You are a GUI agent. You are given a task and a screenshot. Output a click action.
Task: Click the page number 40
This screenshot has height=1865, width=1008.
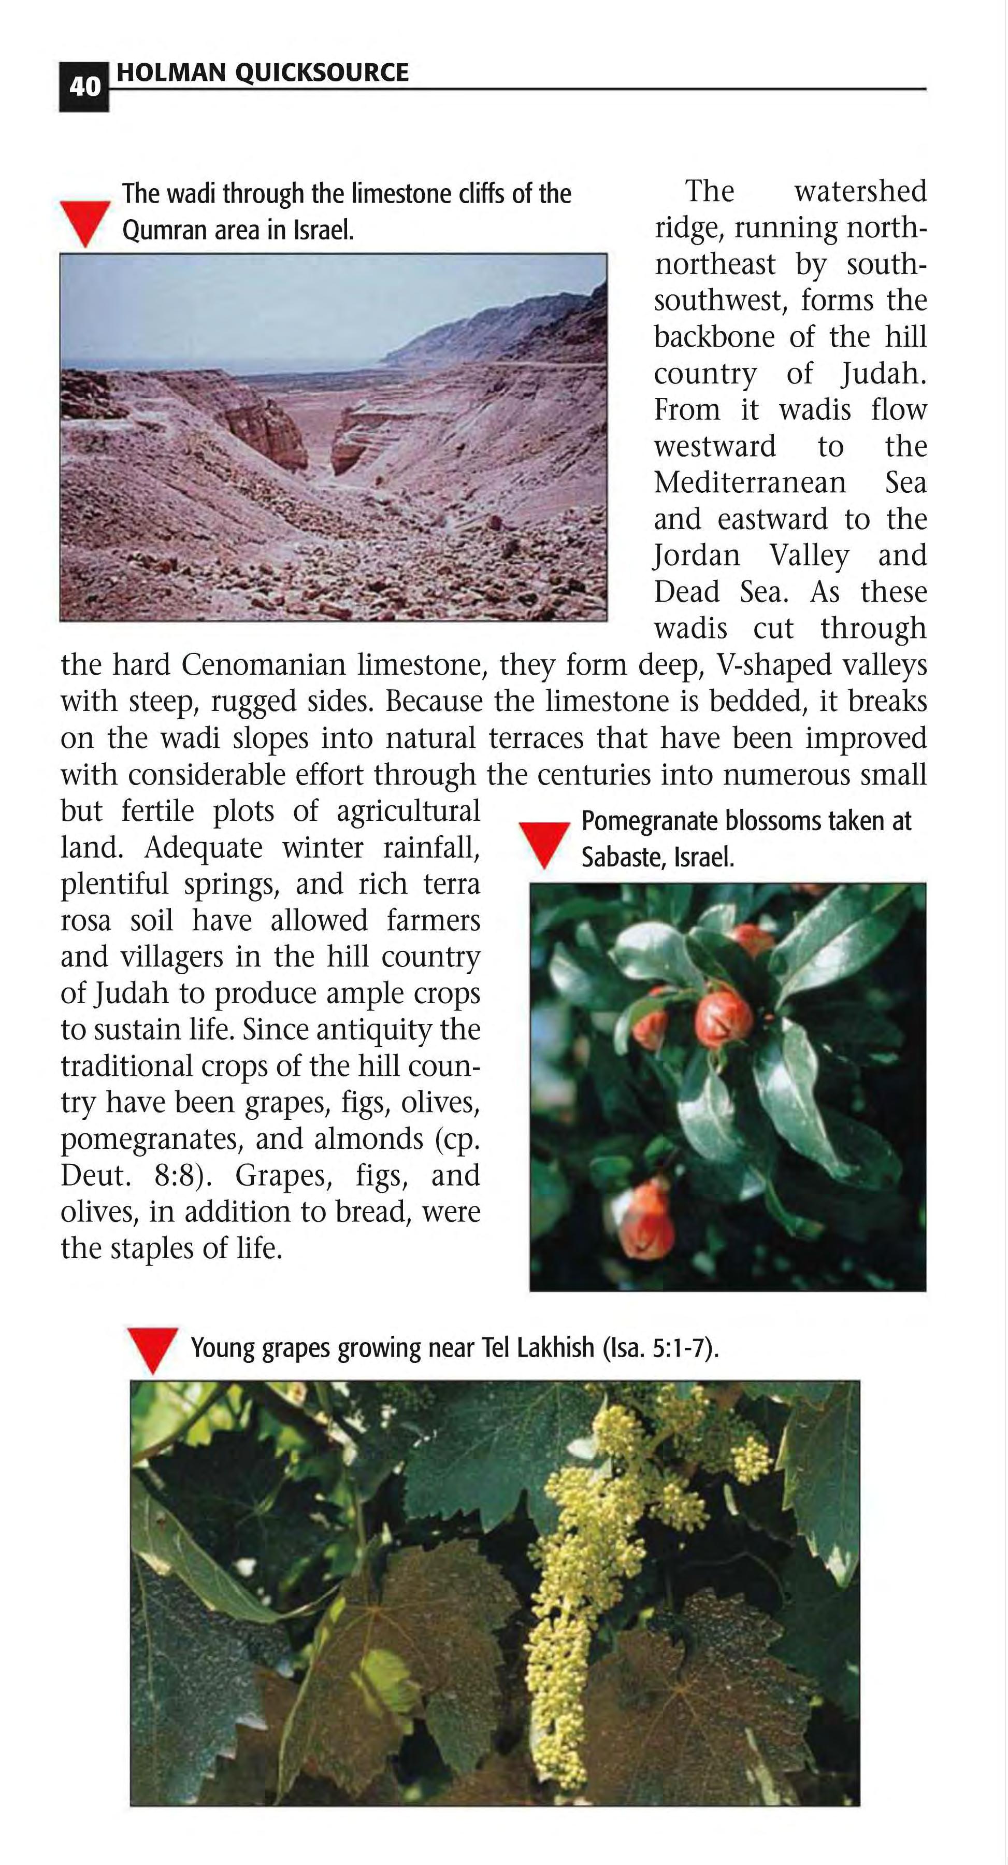(84, 88)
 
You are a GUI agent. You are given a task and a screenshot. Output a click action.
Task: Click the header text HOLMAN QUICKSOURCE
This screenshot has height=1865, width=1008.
(262, 73)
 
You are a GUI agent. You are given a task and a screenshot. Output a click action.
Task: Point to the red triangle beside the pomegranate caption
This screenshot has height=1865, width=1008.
(545, 844)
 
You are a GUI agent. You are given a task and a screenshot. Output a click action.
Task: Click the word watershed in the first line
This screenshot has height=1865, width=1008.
(860, 192)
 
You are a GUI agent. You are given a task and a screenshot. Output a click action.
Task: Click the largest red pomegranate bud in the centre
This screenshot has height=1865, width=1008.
(724, 1019)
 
